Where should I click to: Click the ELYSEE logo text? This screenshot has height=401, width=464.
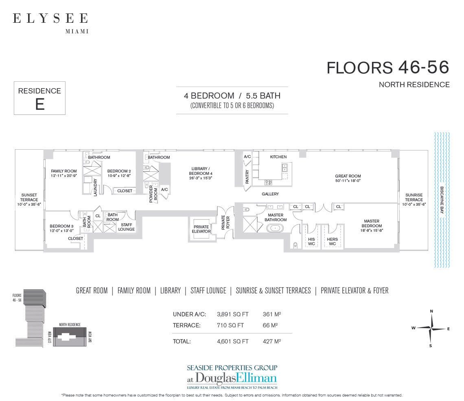tap(50, 18)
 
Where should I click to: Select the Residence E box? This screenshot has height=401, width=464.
tap(39, 98)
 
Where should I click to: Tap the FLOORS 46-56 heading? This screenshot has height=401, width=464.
tap(387, 68)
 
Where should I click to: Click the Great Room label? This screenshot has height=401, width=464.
tap(348, 179)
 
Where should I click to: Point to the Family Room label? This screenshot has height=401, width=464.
tap(64, 173)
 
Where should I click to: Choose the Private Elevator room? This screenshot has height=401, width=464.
tap(201, 229)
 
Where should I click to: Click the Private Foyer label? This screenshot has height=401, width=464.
tap(223, 223)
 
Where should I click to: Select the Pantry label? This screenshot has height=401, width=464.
tap(247, 177)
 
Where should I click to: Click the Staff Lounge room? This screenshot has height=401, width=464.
tap(126, 227)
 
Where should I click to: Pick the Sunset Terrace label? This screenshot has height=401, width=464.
tap(29, 200)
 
